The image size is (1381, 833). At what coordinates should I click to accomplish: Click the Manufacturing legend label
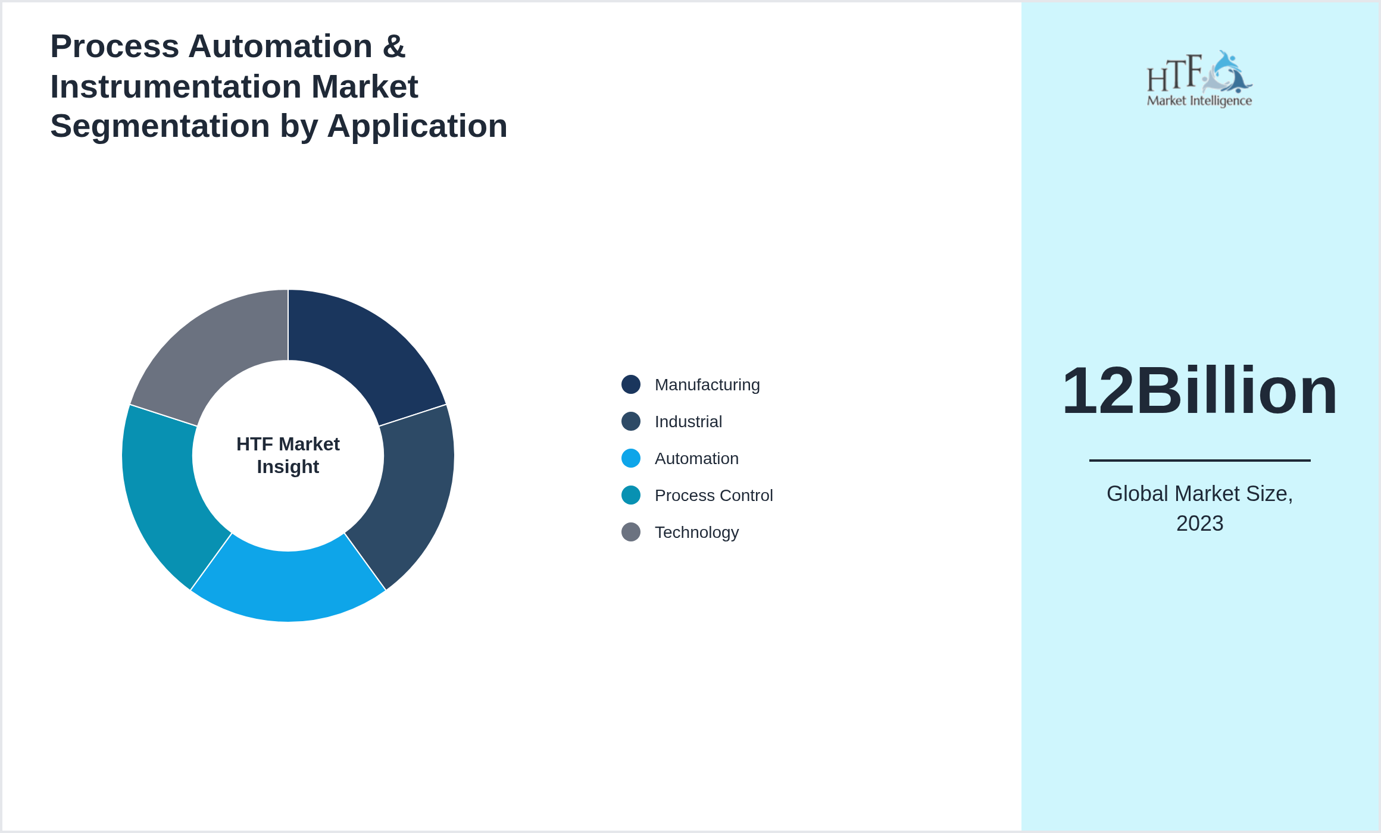click(x=707, y=385)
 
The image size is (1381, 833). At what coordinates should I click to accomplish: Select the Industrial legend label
click(x=688, y=422)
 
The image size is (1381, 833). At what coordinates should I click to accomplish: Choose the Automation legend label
click(x=696, y=459)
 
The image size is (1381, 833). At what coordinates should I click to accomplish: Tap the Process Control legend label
click(x=714, y=496)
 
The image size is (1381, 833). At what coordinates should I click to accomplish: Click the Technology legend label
click(x=696, y=533)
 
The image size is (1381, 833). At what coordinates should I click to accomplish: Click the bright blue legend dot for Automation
click(x=631, y=458)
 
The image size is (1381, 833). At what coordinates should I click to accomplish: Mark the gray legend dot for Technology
click(x=631, y=532)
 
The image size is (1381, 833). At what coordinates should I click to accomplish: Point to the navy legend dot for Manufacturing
click(x=631, y=384)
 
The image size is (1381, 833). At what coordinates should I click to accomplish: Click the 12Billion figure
click(x=1199, y=391)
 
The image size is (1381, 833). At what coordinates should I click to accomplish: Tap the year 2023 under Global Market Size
click(x=1199, y=524)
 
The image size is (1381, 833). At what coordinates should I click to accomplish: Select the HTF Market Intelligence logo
click(x=1199, y=79)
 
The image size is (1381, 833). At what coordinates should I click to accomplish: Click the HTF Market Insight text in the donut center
click(x=288, y=455)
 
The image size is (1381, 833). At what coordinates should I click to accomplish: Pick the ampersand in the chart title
click(x=394, y=46)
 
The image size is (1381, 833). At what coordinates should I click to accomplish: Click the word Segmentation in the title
click(x=160, y=126)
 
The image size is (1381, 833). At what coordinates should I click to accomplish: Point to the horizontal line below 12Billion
click(x=1199, y=460)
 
